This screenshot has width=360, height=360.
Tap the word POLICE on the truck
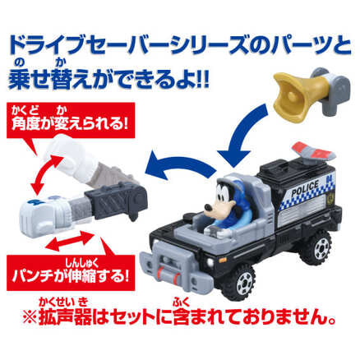[305, 187]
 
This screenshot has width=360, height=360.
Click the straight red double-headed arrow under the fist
[70, 241]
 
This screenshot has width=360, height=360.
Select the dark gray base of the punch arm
[118, 200]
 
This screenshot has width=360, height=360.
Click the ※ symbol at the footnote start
[30, 319]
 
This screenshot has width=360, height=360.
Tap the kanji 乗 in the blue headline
[19, 78]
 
